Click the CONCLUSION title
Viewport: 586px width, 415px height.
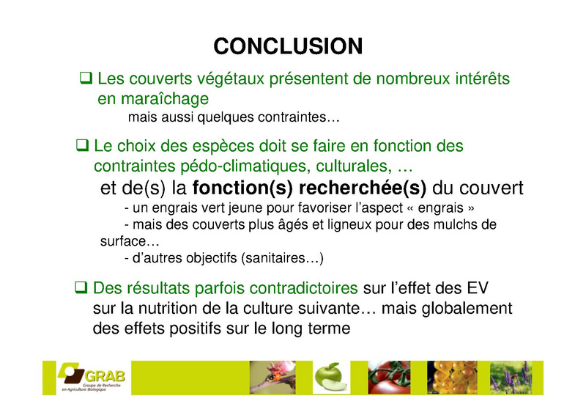coord(288,46)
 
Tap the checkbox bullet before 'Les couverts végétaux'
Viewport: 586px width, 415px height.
coord(86,78)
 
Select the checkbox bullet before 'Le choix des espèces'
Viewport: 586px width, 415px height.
coord(82,146)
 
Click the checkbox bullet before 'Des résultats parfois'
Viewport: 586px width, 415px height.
coord(81,287)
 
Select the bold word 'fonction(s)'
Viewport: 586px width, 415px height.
coord(242,188)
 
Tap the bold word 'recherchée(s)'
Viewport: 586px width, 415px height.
coord(363,188)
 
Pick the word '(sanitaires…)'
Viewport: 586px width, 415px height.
coord(282,258)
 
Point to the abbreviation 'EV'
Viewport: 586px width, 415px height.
coord(478,288)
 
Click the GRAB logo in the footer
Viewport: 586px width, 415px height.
coord(91,377)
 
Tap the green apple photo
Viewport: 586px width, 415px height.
coord(331,378)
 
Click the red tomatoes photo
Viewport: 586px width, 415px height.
coord(389,378)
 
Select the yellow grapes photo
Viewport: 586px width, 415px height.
coord(452,378)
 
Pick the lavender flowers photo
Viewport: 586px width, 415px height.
coord(511,378)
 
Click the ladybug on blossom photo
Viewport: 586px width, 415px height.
coord(272,378)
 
